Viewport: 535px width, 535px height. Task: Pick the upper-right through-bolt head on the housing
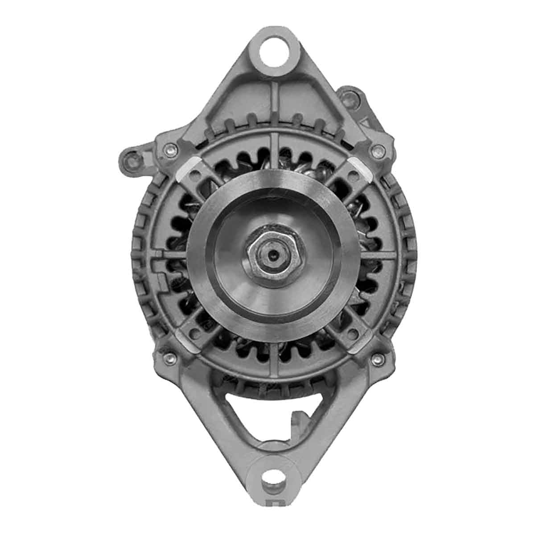tap(378, 149)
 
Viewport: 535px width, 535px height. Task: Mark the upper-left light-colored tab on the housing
tap(186, 169)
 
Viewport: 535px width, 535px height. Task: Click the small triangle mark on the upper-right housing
tap(367, 121)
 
